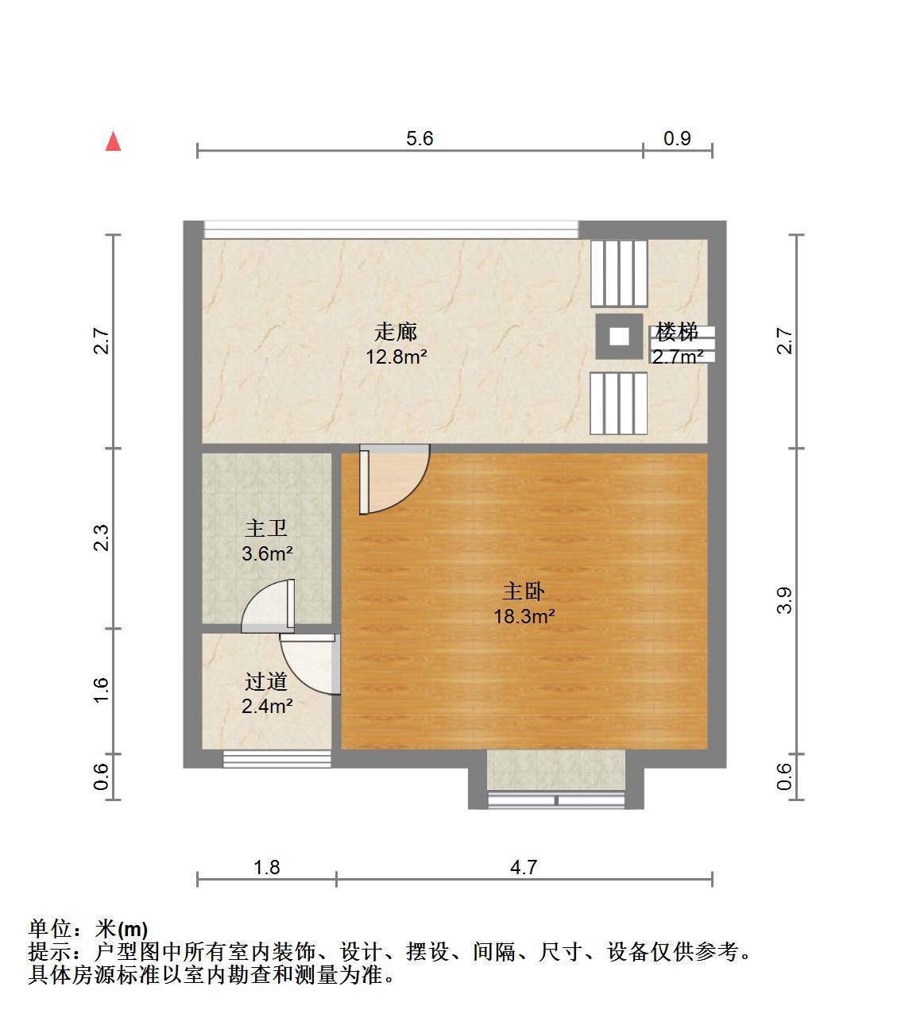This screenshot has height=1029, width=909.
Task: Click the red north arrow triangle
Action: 113,141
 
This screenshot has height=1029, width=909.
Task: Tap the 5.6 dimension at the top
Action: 420,139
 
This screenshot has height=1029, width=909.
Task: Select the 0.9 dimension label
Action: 677,139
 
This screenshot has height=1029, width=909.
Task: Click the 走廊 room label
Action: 396,332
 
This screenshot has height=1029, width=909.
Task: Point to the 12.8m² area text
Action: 396,356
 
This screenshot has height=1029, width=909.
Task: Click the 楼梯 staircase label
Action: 677,332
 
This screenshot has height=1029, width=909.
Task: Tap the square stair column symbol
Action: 619,336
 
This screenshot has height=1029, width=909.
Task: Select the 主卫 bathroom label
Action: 266,528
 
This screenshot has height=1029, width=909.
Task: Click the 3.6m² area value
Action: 268,553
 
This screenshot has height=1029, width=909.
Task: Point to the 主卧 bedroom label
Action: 524,592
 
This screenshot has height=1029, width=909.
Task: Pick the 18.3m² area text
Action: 524,616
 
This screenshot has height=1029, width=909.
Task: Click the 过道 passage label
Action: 266,681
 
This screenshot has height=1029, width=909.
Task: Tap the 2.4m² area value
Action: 268,706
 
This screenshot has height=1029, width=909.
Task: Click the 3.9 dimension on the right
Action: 784,600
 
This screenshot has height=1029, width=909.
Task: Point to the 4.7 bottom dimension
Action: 524,867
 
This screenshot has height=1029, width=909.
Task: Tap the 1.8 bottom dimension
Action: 267,867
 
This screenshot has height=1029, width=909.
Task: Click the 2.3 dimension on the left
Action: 101,538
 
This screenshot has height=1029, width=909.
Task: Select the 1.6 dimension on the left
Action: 101,690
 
